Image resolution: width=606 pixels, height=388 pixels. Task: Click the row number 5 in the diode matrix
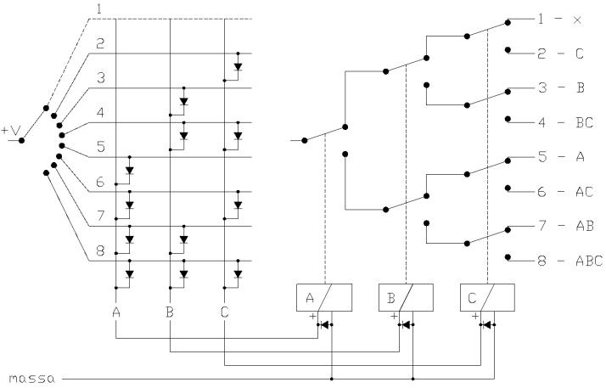[99, 146]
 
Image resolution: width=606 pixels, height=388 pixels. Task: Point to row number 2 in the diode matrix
[99, 42]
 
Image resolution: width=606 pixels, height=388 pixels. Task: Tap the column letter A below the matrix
[116, 312]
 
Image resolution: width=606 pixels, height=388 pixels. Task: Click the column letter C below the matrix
[225, 312]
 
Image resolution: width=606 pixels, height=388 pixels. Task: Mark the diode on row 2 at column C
[238, 66]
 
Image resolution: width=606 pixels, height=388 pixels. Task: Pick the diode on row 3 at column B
[183, 101]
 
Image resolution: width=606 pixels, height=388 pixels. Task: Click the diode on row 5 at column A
[129, 170]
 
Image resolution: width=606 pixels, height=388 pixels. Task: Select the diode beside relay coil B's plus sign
[407, 323]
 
